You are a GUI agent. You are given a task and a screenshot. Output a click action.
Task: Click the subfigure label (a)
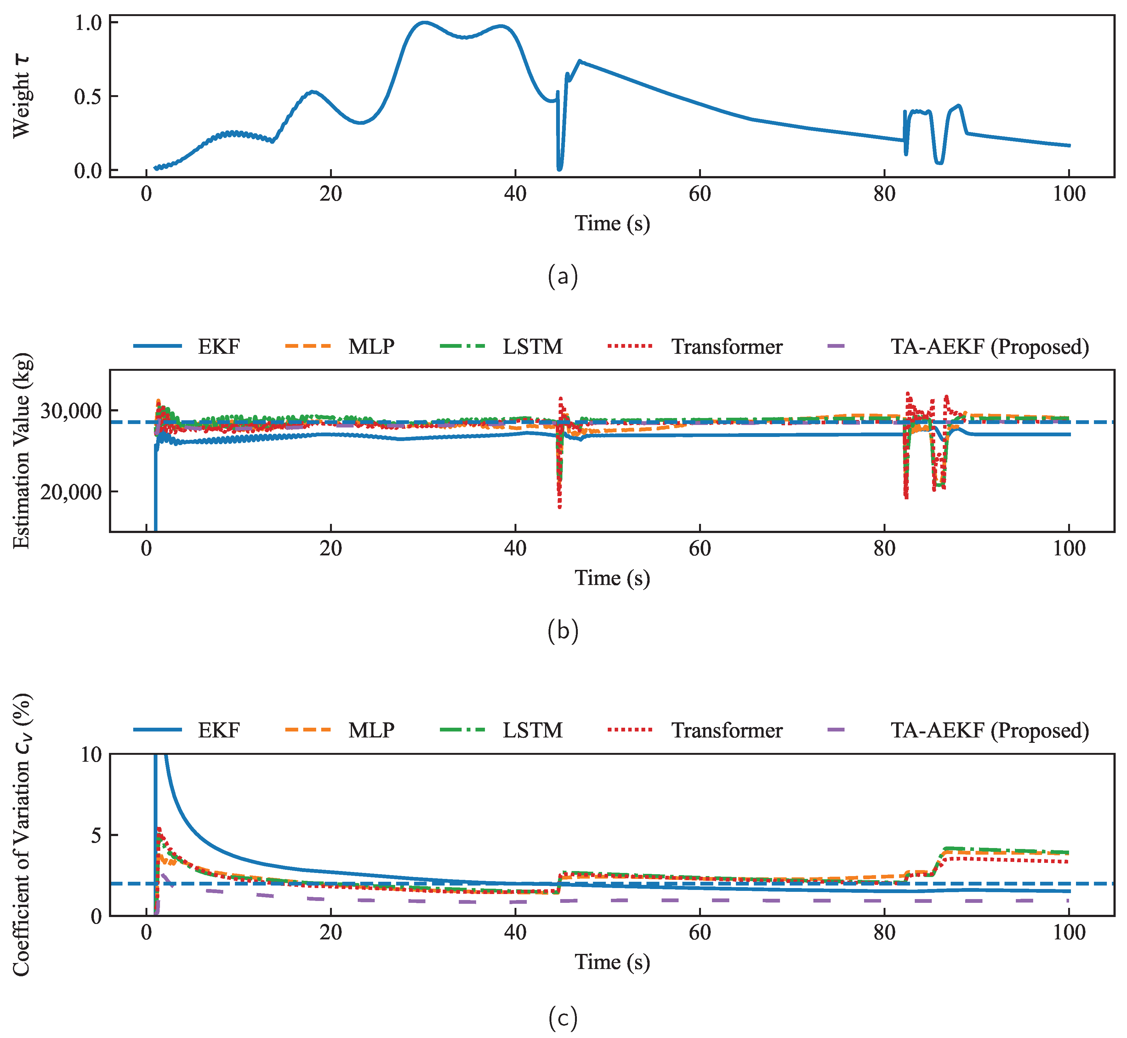tap(563, 276)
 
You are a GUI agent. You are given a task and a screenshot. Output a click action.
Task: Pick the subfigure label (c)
tap(563, 1018)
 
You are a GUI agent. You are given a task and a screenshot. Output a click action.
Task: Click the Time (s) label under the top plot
tap(612, 224)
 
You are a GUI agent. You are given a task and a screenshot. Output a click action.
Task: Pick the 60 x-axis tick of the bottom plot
tap(700, 932)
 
